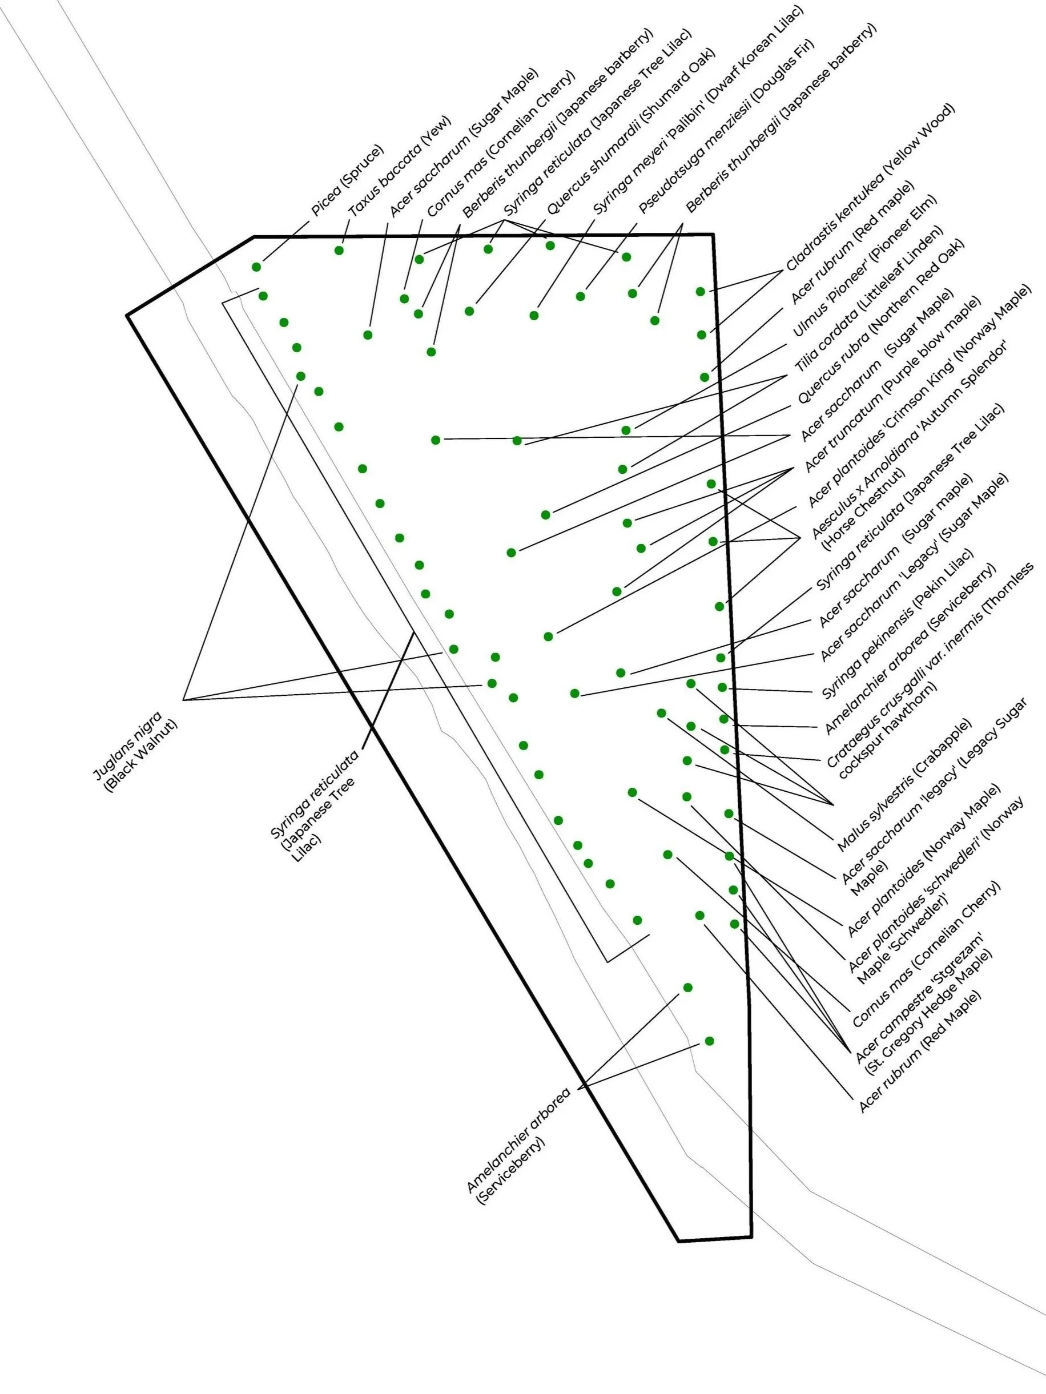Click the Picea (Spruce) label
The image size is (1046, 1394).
pos(347,181)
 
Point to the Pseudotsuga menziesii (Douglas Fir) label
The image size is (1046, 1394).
pos(726,126)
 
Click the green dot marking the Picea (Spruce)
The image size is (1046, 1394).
pos(256,267)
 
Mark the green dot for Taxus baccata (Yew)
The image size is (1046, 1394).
pos(339,250)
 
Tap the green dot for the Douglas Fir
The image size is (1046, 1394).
pos(581,296)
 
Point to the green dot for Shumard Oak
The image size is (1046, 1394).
pos(469,311)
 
